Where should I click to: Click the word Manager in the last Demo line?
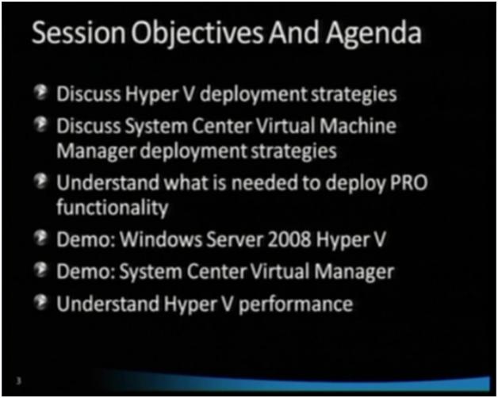click(x=354, y=272)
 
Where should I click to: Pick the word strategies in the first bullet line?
click(x=350, y=95)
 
